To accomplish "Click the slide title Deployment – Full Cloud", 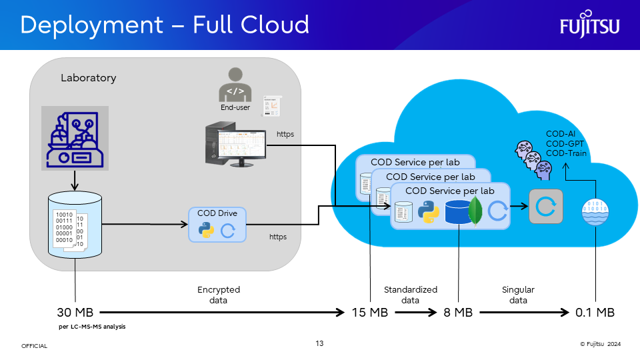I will [165, 25].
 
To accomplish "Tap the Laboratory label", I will [88, 78].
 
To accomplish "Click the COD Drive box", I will [217, 224].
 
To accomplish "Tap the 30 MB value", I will [75, 312].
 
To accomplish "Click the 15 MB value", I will [369, 312].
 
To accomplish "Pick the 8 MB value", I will [458, 312].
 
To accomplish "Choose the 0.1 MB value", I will [595, 312].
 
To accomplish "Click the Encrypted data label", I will [219, 295].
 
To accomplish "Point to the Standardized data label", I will [411, 295].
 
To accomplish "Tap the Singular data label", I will [518, 295].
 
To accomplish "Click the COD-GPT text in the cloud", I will [566, 143].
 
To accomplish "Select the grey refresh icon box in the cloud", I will [546, 207].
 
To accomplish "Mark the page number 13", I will [319, 343].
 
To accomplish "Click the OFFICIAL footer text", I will [34, 346].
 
